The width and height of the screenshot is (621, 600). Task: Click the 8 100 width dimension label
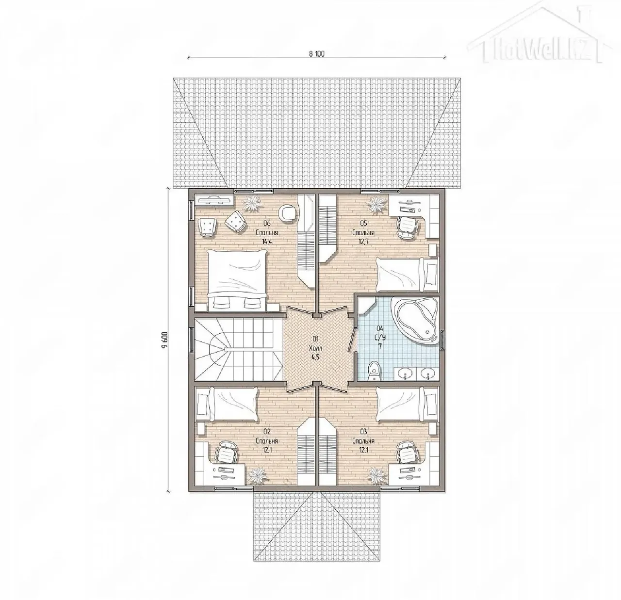point(316,54)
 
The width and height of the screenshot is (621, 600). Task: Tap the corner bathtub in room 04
point(415,320)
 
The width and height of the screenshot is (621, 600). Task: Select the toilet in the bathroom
point(374,371)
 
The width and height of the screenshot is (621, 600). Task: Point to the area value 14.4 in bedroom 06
point(267,241)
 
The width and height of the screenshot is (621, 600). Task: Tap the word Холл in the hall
point(315,348)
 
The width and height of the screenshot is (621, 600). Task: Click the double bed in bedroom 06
point(237,280)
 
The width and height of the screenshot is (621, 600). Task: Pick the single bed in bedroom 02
point(226,404)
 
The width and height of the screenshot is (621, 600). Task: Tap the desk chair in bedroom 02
point(226,452)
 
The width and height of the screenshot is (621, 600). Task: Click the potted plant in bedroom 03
point(378,477)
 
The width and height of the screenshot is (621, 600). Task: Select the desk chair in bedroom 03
point(407,452)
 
